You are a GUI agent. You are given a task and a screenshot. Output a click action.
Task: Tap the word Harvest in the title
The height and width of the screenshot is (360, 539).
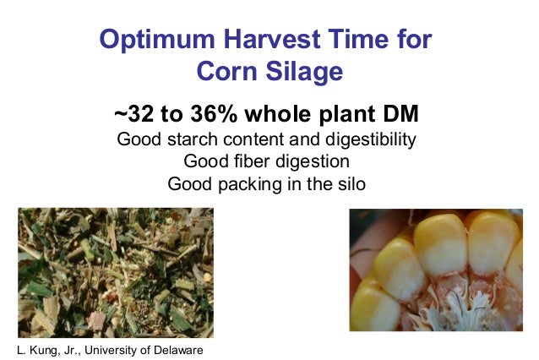(263, 39)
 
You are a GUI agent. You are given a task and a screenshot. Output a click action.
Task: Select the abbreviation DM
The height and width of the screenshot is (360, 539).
(399, 114)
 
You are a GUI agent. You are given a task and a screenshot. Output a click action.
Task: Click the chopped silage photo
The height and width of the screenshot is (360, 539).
(116, 272)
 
